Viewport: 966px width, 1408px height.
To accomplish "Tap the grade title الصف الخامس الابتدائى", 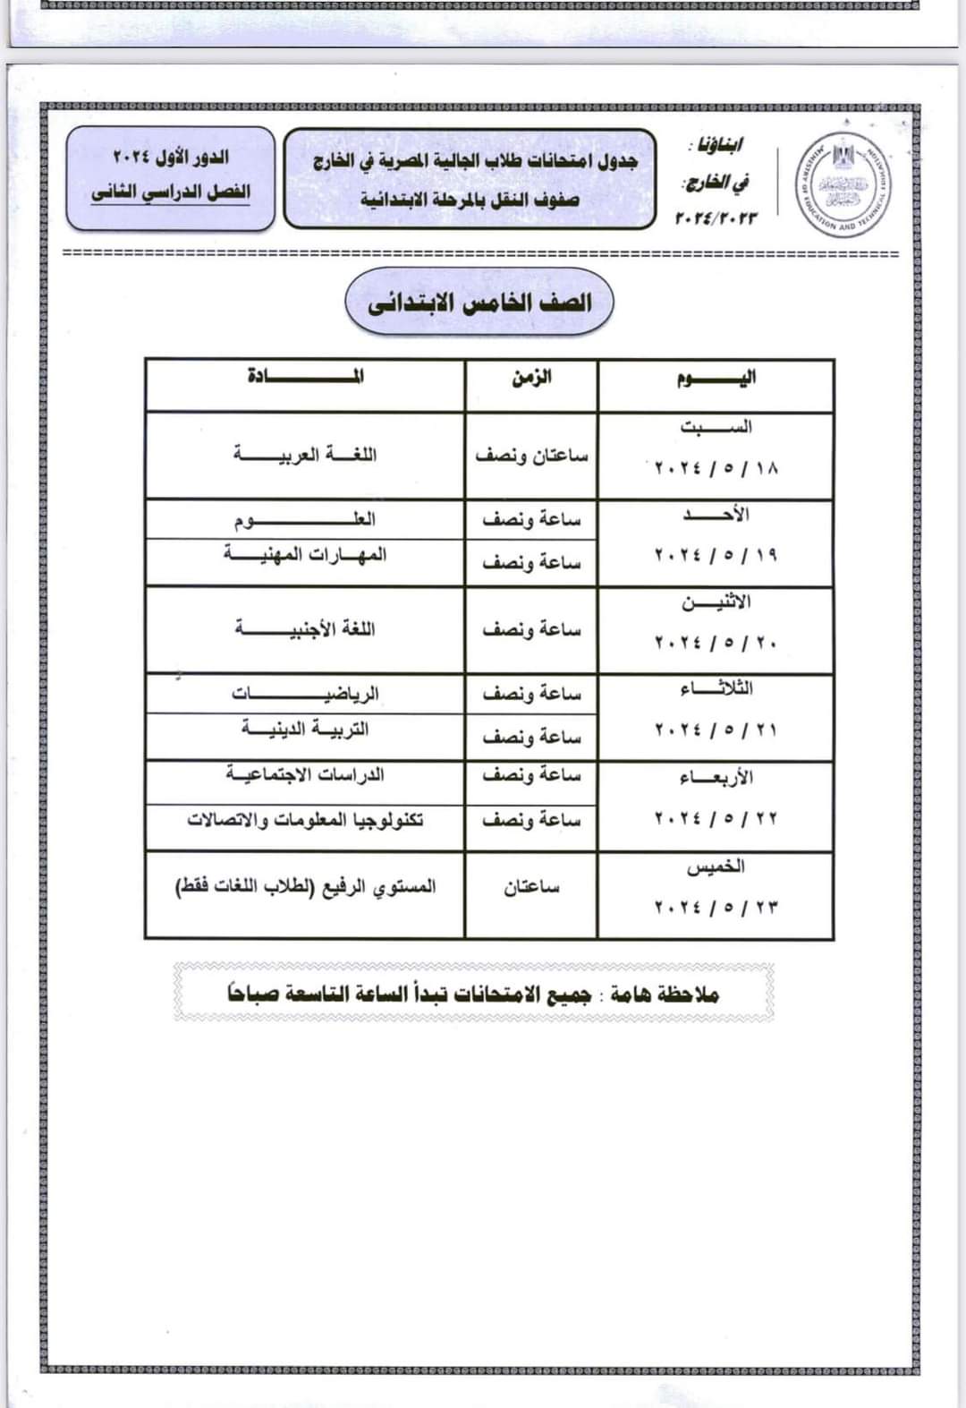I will tap(479, 303).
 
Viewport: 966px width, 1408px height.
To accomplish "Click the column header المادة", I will tap(305, 376).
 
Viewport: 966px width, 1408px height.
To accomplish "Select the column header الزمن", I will tap(531, 377).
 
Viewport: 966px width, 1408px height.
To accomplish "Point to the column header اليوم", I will tap(716, 377).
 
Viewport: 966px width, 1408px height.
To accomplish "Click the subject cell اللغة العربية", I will tap(305, 455).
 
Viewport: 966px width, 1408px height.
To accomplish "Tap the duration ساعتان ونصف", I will tap(531, 456).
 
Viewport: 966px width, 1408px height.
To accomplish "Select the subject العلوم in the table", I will tap(305, 519).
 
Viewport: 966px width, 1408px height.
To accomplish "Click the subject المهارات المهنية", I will tap(305, 554).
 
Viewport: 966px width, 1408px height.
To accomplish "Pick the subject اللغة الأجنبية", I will tap(305, 629).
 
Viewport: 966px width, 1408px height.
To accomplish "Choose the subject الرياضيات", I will tap(305, 694).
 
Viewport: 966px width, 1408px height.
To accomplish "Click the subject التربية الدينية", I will tap(305, 729).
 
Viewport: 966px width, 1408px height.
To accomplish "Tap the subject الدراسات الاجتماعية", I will tap(305, 773).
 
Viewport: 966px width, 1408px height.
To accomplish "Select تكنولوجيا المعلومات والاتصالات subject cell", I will tap(305, 819).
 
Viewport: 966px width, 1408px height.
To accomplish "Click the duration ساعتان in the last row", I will tap(531, 887).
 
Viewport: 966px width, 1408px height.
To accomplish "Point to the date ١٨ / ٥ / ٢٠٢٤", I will tap(716, 468).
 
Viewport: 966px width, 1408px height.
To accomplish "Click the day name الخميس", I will tap(716, 866).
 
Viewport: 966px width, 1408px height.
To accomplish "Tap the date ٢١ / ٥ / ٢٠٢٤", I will tap(716, 730).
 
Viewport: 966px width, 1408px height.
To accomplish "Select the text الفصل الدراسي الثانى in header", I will tap(171, 192).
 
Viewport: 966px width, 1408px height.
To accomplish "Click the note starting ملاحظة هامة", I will tap(473, 994).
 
